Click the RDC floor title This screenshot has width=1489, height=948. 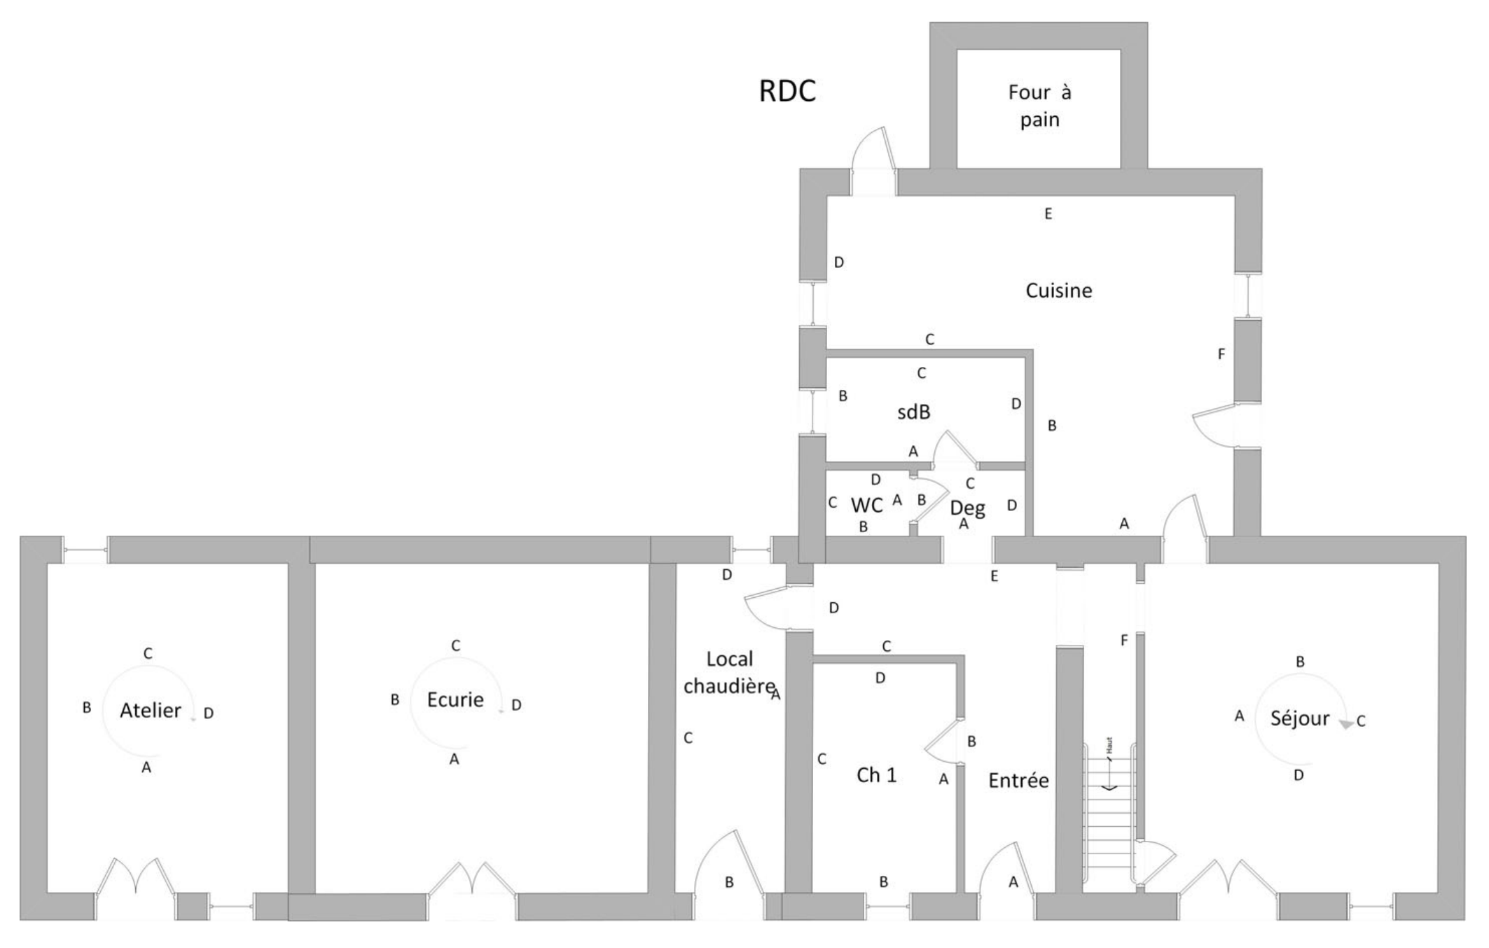(x=787, y=92)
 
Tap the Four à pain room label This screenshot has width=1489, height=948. (x=1039, y=106)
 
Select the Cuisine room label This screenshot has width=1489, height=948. (x=1058, y=291)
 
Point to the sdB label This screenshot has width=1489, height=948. (x=914, y=412)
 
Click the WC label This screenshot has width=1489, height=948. (x=866, y=505)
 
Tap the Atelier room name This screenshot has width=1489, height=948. (x=151, y=711)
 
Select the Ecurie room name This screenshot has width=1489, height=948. (x=455, y=699)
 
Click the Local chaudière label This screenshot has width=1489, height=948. (x=730, y=673)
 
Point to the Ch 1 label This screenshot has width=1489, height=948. (x=876, y=775)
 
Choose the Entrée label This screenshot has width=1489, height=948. (x=1018, y=780)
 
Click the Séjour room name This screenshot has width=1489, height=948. (x=1300, y=718)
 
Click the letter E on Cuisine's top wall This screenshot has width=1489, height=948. (x=1048, y=214)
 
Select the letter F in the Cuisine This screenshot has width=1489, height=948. (x=1221, y=354)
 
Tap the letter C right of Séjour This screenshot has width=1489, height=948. (x=1361, y=721)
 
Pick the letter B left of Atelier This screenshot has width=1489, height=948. (x=87, y=708)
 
